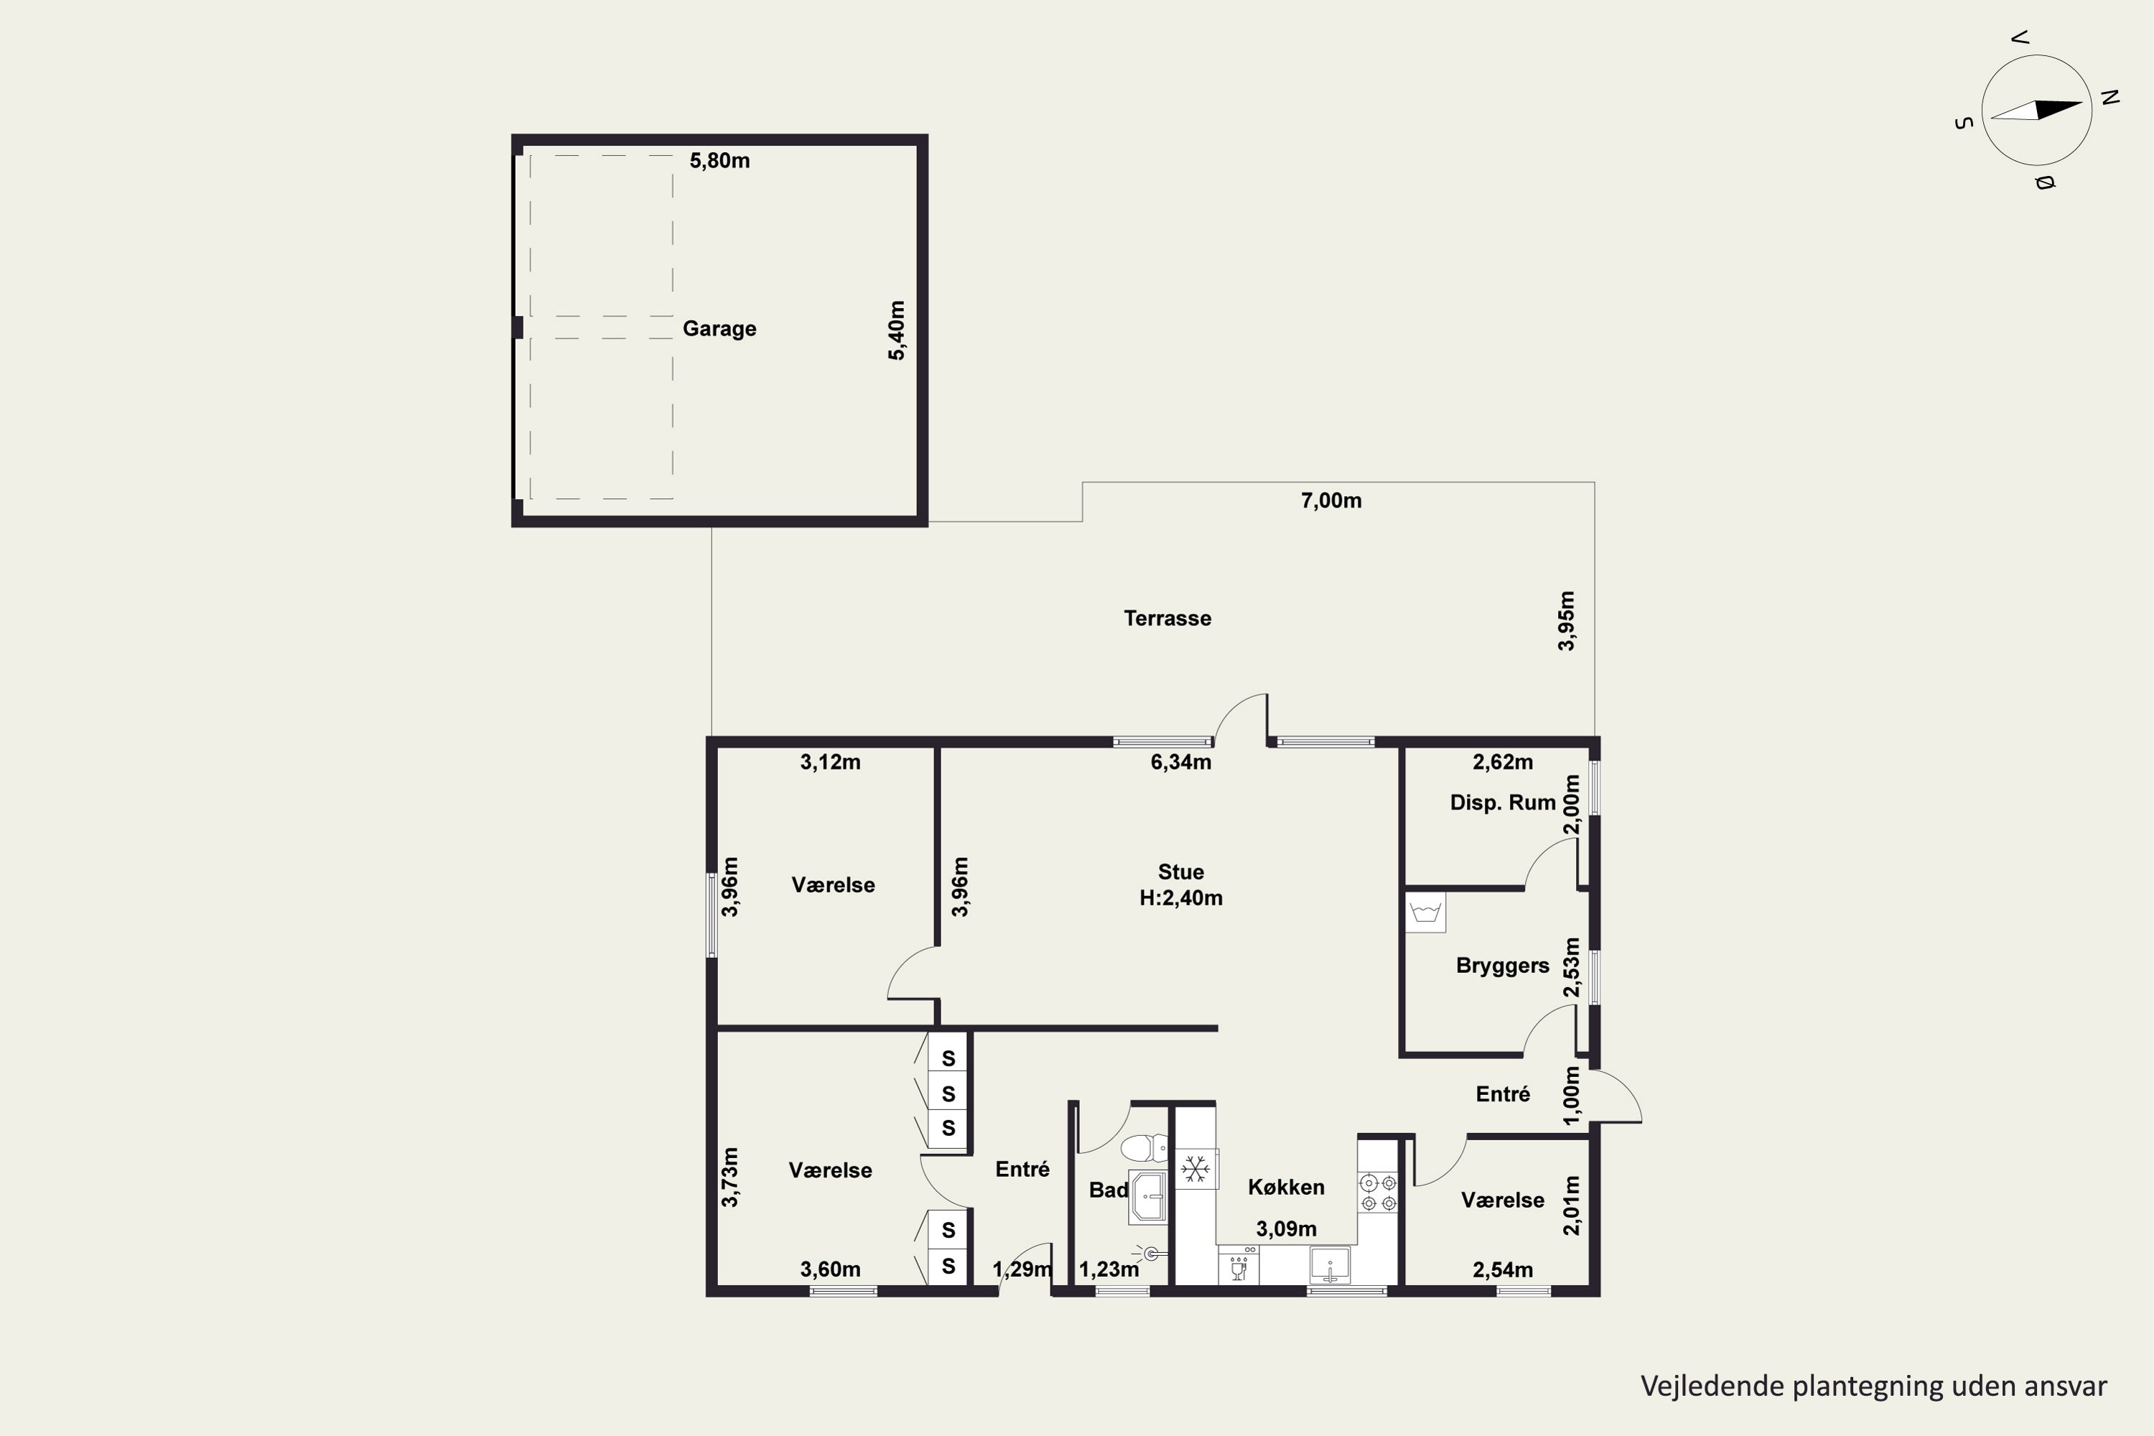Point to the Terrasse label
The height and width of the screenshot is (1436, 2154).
point(1167,618)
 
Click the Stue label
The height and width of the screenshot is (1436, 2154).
point(1180,872)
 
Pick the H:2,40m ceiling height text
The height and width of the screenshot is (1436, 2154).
point(1180,898)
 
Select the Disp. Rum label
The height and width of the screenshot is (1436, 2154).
point(1502,803)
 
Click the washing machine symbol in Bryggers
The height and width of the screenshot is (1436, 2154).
point(1425,912)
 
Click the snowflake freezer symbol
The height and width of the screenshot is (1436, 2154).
point(1195,1169)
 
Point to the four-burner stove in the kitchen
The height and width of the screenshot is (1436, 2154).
point(1377,1193)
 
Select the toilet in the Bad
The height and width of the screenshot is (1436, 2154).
point(1144,1147)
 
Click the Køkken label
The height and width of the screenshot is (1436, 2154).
point(1286,1188)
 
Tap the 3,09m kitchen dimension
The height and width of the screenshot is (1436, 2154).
point(1286,1229)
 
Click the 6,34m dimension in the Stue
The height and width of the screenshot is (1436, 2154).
point(1180,762)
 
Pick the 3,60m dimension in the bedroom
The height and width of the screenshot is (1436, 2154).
point(830,1269)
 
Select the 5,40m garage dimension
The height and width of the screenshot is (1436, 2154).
point(897,330)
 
